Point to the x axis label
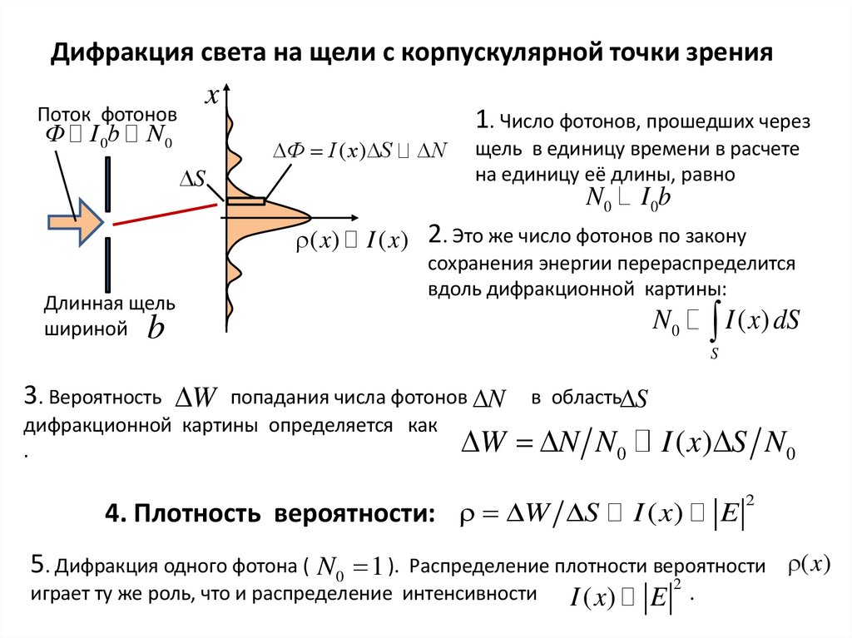[212, 97]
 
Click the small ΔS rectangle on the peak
[245, 200]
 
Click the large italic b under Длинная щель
[156, 329]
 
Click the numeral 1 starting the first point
[482, 121]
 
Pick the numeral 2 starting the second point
[434, 235]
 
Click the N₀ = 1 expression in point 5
[349, 568]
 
